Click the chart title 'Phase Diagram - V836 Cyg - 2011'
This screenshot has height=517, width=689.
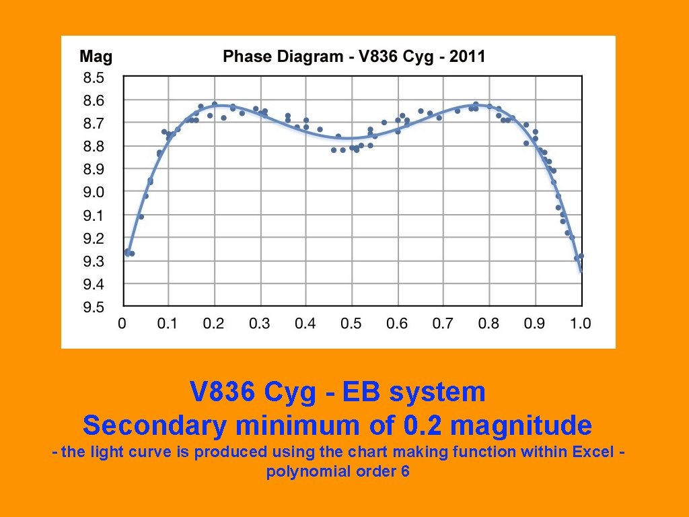[x=354, y=56]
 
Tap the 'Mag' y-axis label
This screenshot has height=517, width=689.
[x=96, y=56]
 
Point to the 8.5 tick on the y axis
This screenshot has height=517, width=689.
[x=94, y=77]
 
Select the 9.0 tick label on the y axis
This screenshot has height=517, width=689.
[x=94, y=193]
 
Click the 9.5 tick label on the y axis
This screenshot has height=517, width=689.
[x=94, y=308]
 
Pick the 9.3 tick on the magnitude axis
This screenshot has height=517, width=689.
[x=94, y=261]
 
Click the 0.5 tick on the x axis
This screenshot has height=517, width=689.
[x=351, y=324]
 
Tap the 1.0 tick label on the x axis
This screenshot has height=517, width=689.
[x=580, y=324]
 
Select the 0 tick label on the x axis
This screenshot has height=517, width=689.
[x=122, y=324]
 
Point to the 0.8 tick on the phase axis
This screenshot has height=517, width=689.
[x=488, y=324]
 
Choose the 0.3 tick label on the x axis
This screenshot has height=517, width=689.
[x=259, y=324]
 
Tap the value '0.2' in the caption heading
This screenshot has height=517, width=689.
[x=424, y=425]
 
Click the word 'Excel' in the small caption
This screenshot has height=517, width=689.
[x=593, y=452]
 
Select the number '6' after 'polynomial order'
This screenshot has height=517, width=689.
[x=405, y=471]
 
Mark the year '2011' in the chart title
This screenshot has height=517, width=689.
[x=466, y=56]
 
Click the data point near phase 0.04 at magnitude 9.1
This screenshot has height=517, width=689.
[x=141, y=217]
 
